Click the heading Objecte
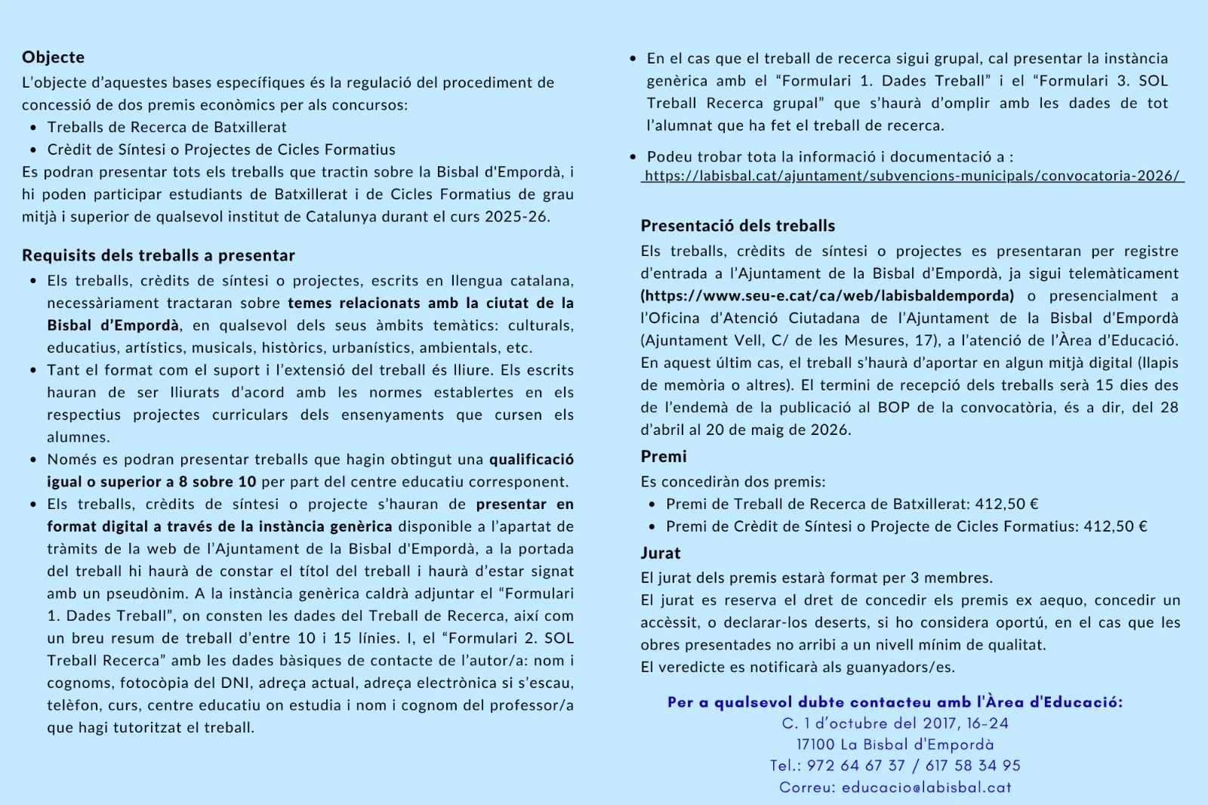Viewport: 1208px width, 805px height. coord(53,57)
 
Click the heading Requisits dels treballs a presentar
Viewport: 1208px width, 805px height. coord(159,255)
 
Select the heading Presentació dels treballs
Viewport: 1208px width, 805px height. coord(738,226)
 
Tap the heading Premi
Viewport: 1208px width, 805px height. coord(664,456)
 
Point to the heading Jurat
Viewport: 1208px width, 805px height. coord(661,553)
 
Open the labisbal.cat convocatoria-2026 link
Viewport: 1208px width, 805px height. coord(912,176)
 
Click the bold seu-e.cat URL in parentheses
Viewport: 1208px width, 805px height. coord(827,295)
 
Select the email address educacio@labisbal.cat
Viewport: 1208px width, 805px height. coord(926,787)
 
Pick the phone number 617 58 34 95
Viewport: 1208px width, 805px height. coord(973,766)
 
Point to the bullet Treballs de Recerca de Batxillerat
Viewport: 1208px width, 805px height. coord(167,127)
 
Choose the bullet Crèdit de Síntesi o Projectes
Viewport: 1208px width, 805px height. coord(221,150)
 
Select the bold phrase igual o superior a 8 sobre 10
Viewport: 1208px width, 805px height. coord(151,482)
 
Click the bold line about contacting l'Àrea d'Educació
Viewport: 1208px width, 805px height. coord(895,702)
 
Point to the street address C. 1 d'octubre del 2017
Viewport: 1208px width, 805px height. coord(895,723)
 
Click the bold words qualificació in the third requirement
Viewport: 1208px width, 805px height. coord(531,459)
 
